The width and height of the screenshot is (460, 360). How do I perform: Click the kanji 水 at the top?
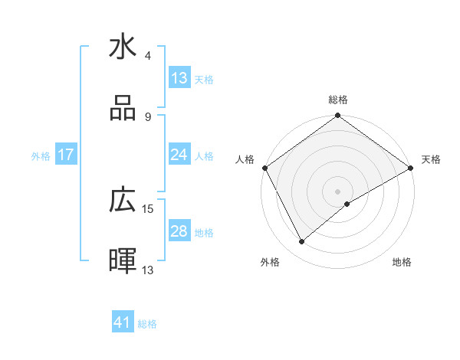pos(123,47)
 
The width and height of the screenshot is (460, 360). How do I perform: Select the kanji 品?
pos(123,109)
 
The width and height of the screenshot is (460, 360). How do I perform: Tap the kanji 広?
pos(123,201)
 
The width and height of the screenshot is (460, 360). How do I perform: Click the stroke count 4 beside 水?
pos(148,56)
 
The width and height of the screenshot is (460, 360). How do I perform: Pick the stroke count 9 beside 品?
pos(148,117)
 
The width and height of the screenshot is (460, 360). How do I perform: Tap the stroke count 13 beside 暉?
pos(148,270)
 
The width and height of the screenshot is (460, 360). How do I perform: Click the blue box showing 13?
pos(179,77)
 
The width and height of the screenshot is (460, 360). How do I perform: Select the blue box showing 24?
pos(179,155)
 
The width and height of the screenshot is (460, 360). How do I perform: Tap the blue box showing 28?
pos(179,231)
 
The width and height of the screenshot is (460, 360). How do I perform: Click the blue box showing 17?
pos(66,155)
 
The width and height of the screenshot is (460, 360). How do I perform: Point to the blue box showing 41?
pos(123,322)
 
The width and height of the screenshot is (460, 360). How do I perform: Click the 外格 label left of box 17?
pos(41,155)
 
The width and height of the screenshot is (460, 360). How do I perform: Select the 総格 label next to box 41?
pos(147,324)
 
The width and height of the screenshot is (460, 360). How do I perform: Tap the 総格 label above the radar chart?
pos(338,100)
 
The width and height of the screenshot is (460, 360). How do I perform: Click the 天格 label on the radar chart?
pos(432,159)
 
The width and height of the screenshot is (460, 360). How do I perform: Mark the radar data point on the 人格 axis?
pos(264,167)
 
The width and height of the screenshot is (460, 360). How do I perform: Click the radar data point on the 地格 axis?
pos(347,204)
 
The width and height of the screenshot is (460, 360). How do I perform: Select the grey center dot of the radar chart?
pos(337,191)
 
